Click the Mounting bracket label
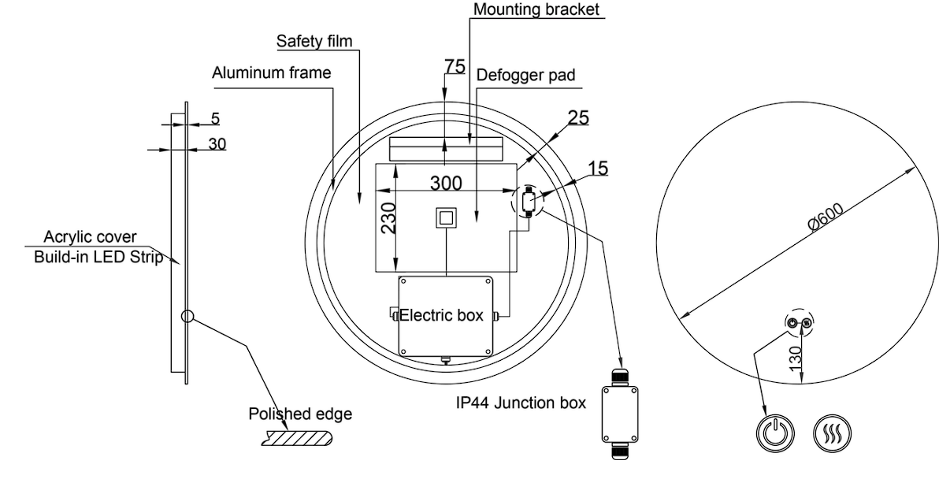(x=536, y=9)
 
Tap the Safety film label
(x=314, y=41)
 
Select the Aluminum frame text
(x=272, y=72)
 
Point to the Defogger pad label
(x=525, y=75)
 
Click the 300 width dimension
(x=446, y=184)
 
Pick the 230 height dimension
(x=388, y=218)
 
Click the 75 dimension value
(x=455, y=67)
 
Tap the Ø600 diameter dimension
(x=826, y=217)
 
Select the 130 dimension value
(x=796, y=359)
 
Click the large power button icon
(x=775, y=433)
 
